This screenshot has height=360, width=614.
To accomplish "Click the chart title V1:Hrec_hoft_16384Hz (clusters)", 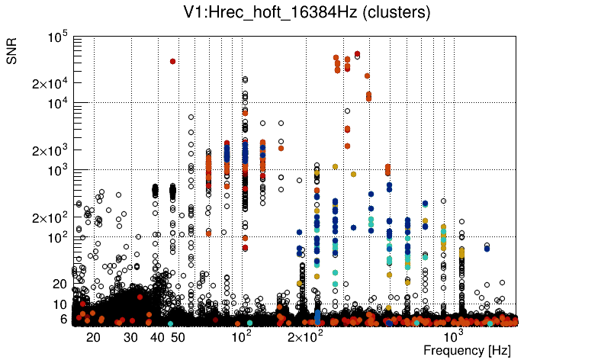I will pos(307,13).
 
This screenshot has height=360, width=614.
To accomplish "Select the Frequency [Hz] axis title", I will pos(467,350).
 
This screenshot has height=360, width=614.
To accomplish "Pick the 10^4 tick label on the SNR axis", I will pos(58,104).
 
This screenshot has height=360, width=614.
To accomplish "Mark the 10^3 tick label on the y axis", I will pos(58,171).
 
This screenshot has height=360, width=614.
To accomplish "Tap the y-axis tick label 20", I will pos(61,284).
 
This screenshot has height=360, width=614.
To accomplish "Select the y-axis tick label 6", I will pos(65,320).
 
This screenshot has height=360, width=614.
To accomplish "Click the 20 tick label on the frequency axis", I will pos(93,337).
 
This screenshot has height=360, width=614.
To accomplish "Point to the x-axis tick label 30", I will pos(130,337).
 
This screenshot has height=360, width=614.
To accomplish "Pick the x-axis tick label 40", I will pos(157,337).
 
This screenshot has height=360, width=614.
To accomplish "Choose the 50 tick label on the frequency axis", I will pos(177,337).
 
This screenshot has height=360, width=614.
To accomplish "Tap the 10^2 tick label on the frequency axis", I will pos(241,336).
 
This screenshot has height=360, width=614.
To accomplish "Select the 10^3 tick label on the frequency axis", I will pos(454,336).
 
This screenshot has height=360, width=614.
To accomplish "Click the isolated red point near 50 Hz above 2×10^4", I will pos(173,61).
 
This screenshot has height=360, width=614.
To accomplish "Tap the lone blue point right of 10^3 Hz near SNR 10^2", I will pos(487,247).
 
